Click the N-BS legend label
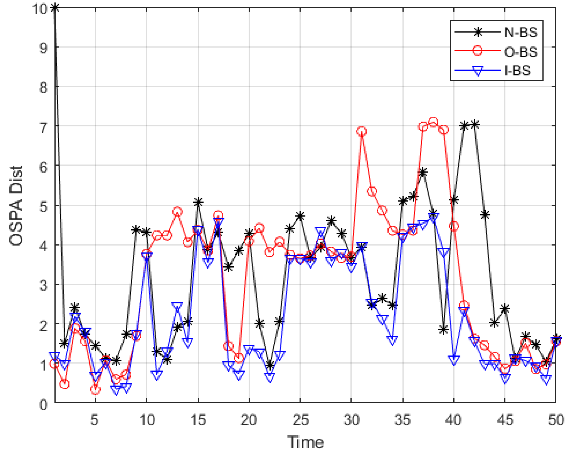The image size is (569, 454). pos(521,32)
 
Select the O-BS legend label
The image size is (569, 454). pos(521,52)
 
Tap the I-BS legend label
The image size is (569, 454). pos(517,71)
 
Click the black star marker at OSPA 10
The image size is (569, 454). pos(55,8)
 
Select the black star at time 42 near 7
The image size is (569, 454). pos(475,124)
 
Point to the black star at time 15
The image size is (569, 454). pos(198,202)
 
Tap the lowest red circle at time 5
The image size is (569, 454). pos(95,390)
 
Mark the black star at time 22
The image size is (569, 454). pos(270,366)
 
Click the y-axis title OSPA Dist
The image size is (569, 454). pos(16,206)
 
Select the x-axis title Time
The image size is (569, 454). pos(305,442)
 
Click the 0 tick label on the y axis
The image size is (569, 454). pos(44,404)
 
